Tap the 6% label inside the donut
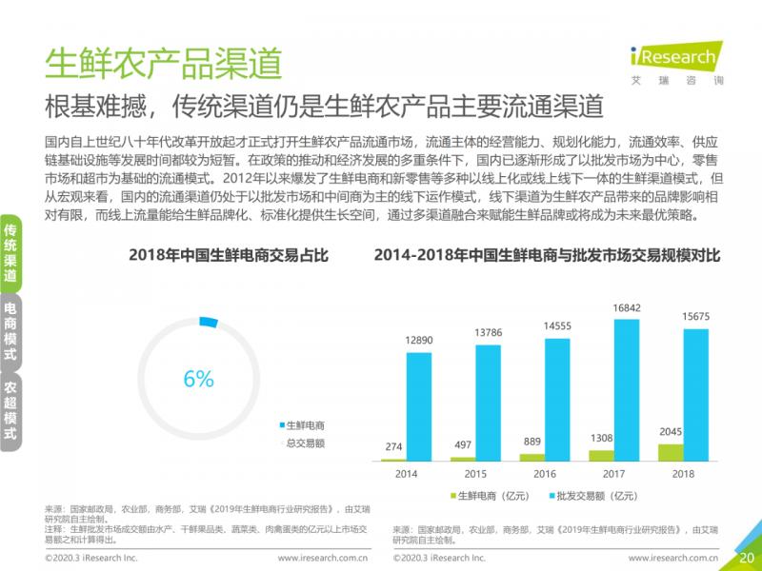coord(198,378)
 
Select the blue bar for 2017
coord(626,390)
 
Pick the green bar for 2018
coord(671,452)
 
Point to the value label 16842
coord(626,308)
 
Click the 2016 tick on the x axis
coord(545,473)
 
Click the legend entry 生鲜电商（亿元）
coord(491,496)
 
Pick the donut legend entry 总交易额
coord(306,442)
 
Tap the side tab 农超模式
coord(10,410)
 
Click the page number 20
coord(748,557)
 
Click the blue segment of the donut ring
coord(209,324)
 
